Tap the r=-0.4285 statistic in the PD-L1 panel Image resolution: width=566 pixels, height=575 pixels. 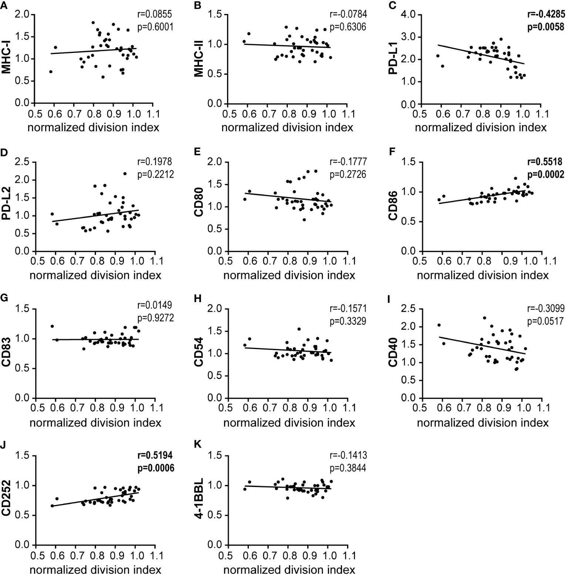tap(546, 15)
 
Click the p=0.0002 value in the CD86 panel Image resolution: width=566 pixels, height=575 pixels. tap(546, 174)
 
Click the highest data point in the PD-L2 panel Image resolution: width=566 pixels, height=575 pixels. tap(125, 173)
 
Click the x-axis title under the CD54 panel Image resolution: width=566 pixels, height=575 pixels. tap(289, 423)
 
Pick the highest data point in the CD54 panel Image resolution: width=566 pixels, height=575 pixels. tap(299, 329)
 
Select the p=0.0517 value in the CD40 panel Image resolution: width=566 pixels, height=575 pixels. tap(545, 321)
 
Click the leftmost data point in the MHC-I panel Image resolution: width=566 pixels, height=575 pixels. tap(51, 72)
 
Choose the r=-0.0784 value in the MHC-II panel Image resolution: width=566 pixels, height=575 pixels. tap(348, 15)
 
